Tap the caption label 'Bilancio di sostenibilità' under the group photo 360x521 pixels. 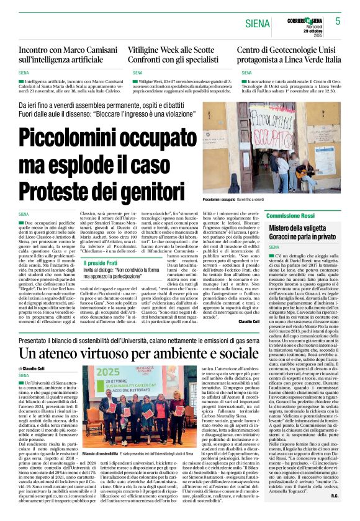(x=100, y=453)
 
